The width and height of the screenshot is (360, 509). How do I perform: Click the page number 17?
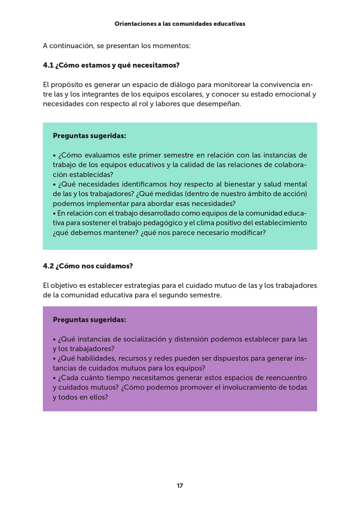tap(180, 485)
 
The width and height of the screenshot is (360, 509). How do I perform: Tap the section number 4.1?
tap(48, 65)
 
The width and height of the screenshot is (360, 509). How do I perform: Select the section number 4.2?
tap(48, 266)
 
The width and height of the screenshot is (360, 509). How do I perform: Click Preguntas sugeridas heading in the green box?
tap(89, 136)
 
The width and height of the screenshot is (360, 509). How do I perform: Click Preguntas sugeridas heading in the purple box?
tap(89, 320)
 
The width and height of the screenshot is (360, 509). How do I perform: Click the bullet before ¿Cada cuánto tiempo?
tap(54, 378)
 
